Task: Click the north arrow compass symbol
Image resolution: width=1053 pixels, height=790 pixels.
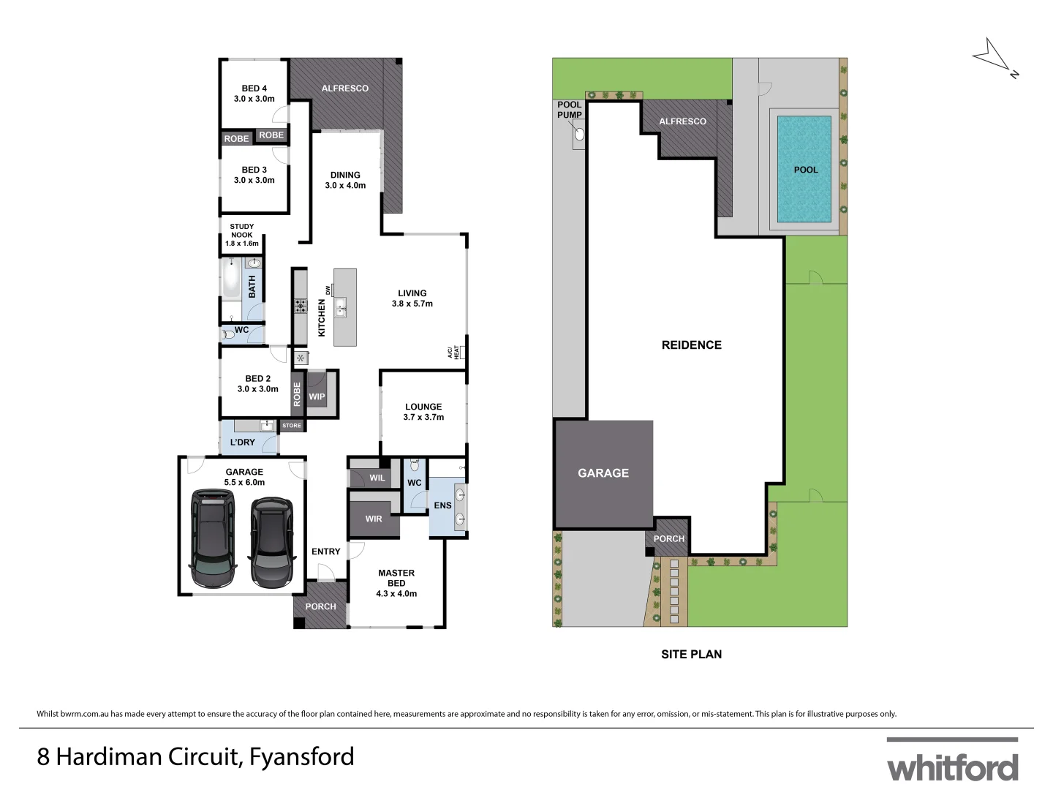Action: click(994, 57)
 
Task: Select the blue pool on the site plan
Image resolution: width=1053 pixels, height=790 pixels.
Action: click(804, 169)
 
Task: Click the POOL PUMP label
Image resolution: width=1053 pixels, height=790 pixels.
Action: click(569, 110)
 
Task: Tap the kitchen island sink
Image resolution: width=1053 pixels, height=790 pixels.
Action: click(341, 310)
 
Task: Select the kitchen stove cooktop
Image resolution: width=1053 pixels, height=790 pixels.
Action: click(301, 306)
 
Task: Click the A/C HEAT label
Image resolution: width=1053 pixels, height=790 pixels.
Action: click(454, 353)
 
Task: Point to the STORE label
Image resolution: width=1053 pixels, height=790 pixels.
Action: click(292, 425)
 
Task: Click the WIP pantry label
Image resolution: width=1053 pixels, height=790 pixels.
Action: click(317, 397)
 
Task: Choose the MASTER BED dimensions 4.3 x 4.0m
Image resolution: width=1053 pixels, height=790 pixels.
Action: click(396, 593)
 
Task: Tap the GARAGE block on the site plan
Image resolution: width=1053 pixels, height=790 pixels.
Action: click(603, 473)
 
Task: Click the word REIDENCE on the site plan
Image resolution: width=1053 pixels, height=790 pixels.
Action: click(691, 345)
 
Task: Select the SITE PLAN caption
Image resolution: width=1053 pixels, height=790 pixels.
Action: click(691, 654)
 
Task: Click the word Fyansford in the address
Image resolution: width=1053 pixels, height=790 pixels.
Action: click(301, 756)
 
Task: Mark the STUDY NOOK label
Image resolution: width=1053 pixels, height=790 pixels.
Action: click(242, 235)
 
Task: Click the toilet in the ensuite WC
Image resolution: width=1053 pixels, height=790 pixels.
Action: click(415, 465)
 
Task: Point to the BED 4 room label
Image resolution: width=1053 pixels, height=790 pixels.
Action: click(254, 89)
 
